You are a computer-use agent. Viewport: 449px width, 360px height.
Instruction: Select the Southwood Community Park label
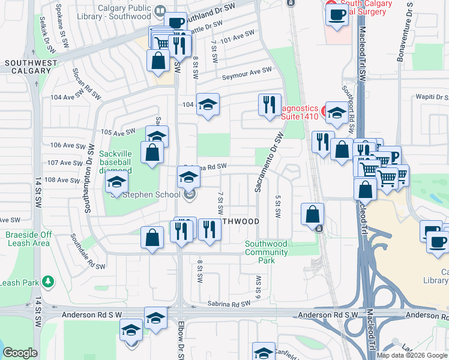[x=265, y=252]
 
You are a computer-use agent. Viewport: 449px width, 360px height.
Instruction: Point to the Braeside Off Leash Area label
[x=29, y=239]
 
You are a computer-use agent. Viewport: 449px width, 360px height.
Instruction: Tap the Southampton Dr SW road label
[x=89, y=179]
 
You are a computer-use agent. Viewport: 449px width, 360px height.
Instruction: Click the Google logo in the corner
[x=20, y=353]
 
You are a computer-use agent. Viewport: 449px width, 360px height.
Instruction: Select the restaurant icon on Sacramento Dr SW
[x=270, y=105]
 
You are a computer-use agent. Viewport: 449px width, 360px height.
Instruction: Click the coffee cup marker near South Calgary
[x=337, y=14]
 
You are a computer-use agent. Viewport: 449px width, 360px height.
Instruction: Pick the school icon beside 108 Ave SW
[x=116, y=182]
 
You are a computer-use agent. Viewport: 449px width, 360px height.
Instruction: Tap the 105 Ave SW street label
[x=118, y=132]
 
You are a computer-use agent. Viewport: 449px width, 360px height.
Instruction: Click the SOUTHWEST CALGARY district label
[x=31, y=67]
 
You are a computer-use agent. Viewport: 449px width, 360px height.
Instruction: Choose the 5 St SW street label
[x=278, y=207]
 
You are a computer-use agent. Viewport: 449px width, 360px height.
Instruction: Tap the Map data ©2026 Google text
[x=412, y=355]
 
